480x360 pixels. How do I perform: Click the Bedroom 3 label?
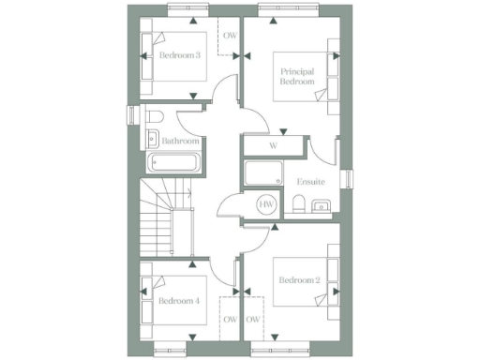point(179,55)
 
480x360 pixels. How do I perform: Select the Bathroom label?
point(180,142)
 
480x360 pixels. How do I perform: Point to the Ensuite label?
point(311,181)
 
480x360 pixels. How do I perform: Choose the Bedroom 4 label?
point(178,301)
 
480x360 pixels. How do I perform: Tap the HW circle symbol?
point(266,204)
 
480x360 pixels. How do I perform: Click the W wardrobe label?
point(273,145)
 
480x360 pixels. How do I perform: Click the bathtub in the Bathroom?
point(174,162)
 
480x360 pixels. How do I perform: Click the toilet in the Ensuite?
point(297,205)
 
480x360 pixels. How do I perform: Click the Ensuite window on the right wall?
point(347,179)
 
